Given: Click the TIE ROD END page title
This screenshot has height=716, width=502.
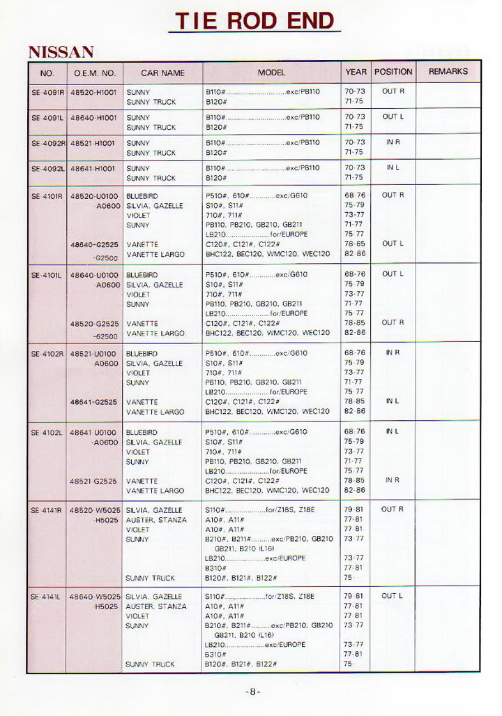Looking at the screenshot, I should point(254,20).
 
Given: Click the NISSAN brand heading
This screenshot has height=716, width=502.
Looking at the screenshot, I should point(61,52).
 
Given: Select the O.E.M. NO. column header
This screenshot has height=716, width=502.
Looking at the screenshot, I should point(94,73).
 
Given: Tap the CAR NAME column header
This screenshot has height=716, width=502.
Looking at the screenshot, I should point(162,73).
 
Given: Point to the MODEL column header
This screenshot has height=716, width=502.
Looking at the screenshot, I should point(271,73).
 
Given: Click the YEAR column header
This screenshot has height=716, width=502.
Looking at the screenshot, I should point(356,72).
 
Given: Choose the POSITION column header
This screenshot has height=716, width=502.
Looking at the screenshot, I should point(393,72).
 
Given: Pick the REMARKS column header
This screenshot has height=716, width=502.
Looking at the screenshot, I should point(448,72).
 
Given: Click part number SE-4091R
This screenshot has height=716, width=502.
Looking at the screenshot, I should point(47,91).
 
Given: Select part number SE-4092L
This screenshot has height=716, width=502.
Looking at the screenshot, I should point(47,168).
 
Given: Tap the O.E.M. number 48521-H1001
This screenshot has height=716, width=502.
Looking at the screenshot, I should point(93,143).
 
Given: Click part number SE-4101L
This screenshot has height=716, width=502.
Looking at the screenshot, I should point(47,275).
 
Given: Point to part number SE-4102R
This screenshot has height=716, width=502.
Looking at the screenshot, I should point(47,354).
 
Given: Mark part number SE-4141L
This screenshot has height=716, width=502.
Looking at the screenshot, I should point(46,597).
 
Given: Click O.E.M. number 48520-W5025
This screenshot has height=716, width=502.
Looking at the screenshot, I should point(95,510).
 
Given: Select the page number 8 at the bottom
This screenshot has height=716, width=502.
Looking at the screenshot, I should point(253,692).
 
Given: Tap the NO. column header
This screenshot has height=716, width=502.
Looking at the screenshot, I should point(47,73).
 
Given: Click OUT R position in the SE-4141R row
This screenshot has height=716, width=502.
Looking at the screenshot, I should point(393,509).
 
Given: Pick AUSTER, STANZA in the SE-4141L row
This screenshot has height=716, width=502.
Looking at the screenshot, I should point(156,606).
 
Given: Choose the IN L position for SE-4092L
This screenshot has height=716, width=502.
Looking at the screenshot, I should point(393,167).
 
